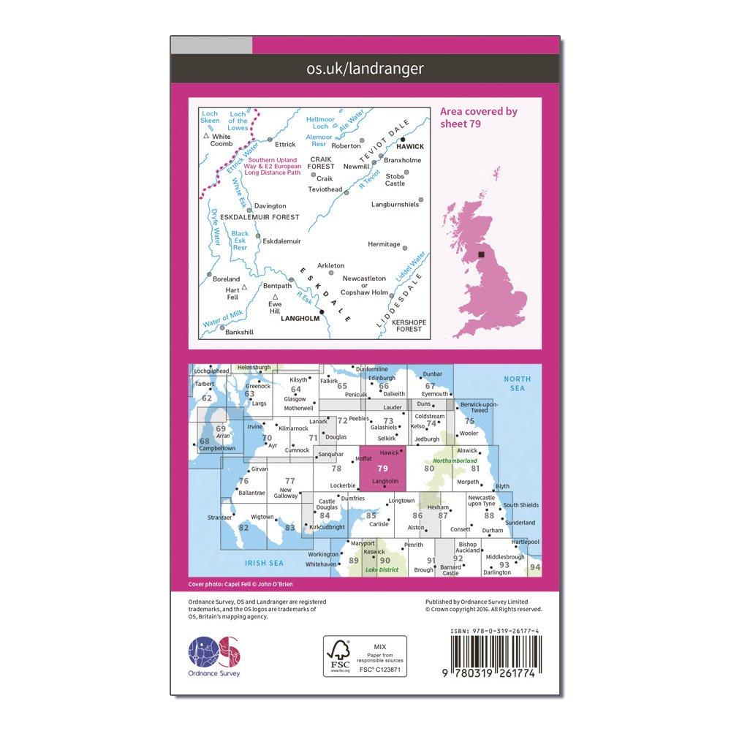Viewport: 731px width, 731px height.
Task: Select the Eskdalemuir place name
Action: (281, 240)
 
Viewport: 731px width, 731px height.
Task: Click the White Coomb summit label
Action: (221, 140)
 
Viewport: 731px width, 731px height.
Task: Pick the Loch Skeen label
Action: (210, 118)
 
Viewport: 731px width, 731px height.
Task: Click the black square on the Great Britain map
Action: (480, 254)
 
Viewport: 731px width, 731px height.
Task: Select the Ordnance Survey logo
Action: (214, 656)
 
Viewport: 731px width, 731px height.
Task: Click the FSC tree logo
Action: (340, 652)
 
